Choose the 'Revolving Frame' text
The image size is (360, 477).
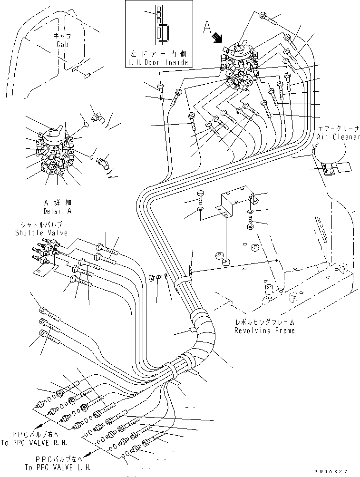264,330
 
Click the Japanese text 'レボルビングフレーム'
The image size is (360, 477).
264,322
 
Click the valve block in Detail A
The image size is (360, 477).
53,152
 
